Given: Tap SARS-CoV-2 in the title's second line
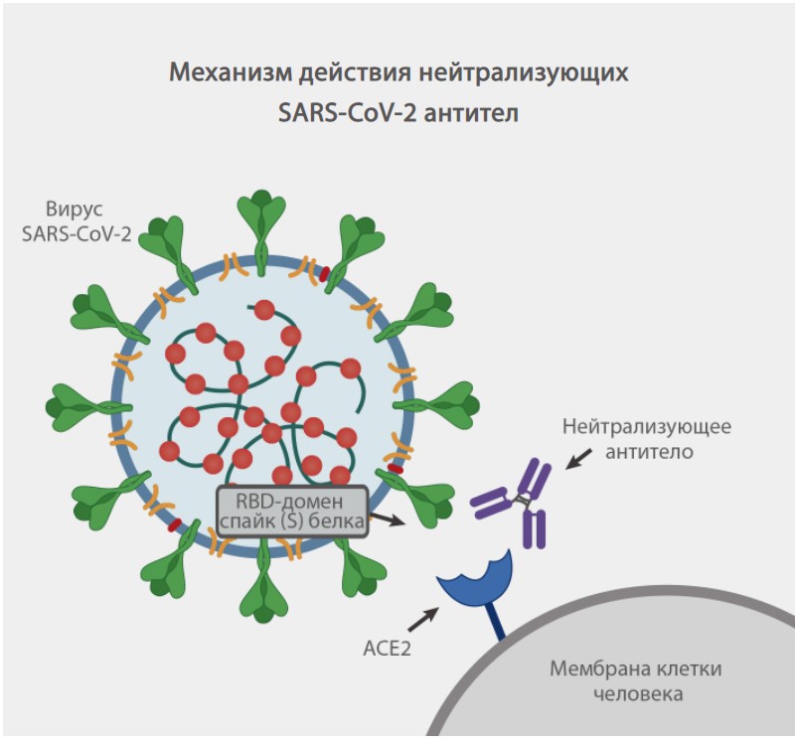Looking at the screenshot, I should tap(347, 112).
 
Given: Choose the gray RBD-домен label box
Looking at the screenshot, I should tap(292, 510).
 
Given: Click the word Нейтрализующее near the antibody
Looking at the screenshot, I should tap(647, 428).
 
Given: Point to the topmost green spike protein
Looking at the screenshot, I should tap(261, 220).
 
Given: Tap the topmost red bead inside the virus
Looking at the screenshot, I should tap(264, 310).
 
